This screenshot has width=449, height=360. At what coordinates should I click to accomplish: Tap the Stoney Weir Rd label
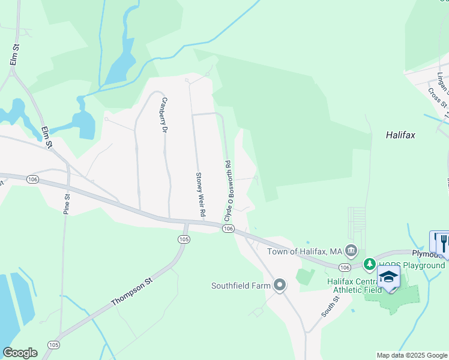pyautogui.click(x=201, y=196)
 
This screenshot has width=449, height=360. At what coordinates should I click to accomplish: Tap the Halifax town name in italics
pyautogui.click(x=400, y=136)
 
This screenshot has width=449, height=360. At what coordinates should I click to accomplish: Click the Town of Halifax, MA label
pyautogui.click(x=304, y=251)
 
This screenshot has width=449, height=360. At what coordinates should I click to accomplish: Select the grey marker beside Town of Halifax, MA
pyautogui.click(x=352, y=250)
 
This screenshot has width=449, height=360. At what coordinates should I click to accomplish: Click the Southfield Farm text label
pyautogui.click(x=240, y=286)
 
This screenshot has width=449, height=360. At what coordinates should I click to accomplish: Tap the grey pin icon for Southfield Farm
pyautogui.click(x=279, y=285)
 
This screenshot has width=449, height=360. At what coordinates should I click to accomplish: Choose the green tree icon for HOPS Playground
pyautogui.click(x=370, y=263)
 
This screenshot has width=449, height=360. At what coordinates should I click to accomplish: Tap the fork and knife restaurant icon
pyautogui.click(x=443, y=242)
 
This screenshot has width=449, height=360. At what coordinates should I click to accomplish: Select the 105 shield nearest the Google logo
pyautogui.click(x=54, y=344)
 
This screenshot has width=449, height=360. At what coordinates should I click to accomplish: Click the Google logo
pyautogui.click(x=20, y=353)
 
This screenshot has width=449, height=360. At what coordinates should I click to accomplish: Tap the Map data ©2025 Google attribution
pyautogui.click(x=412, y=355)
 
